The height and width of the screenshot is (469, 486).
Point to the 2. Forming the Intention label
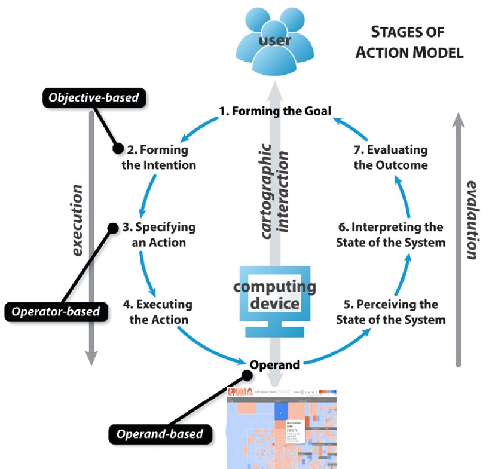click(158, 157)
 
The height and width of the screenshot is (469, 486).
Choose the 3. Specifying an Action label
click(158, 235)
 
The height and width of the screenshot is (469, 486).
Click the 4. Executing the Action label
click(158, 312)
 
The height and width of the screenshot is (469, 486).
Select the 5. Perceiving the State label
click(390, 312)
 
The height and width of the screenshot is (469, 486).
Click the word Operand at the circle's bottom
click(275, 364)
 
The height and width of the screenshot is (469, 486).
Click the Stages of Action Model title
click(409, 42)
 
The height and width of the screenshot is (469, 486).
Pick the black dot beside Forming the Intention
click(118, 147)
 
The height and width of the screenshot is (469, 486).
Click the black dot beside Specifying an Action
click(111, 227)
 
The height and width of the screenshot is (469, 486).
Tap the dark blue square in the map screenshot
click(282, 410)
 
